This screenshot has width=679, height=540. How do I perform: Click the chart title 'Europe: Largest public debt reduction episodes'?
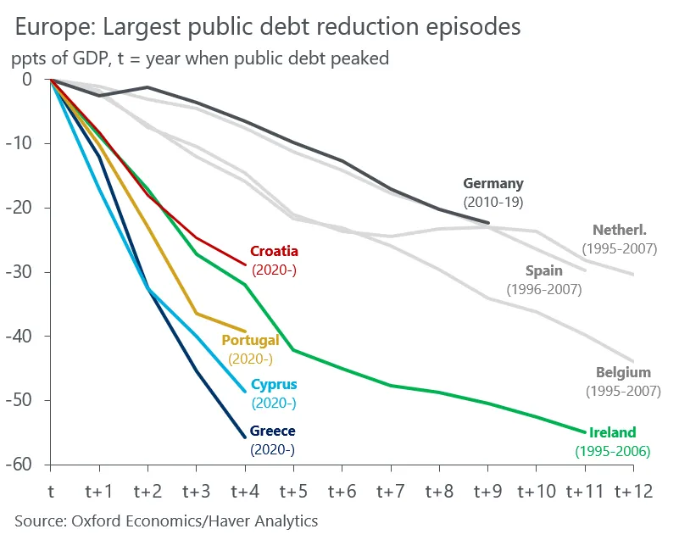click(267, 27)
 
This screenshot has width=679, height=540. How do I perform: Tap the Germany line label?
click(493, 183)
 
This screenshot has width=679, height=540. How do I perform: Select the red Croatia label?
click(274, 252)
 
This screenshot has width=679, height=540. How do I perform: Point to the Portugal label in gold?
click(250, 341)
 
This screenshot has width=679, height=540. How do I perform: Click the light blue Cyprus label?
click(274, 385)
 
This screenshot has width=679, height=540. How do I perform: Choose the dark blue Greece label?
click(272, 431)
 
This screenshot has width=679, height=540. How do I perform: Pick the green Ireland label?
click(612, 433)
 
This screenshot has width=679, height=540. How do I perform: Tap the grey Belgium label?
click(623, 372)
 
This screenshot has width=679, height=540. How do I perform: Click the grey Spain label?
click(543, 272)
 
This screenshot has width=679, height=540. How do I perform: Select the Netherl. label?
click(620, 230)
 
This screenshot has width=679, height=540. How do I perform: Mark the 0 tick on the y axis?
click(26, 80)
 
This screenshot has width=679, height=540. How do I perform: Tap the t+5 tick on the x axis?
click(293, 491)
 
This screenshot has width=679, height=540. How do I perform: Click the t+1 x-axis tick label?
click(99, 491)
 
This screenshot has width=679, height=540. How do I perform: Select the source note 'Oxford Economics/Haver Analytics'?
click(166, 521)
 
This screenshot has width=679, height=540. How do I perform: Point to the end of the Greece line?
click(245, 437)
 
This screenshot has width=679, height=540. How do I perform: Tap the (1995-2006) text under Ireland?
click(612, 452)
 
